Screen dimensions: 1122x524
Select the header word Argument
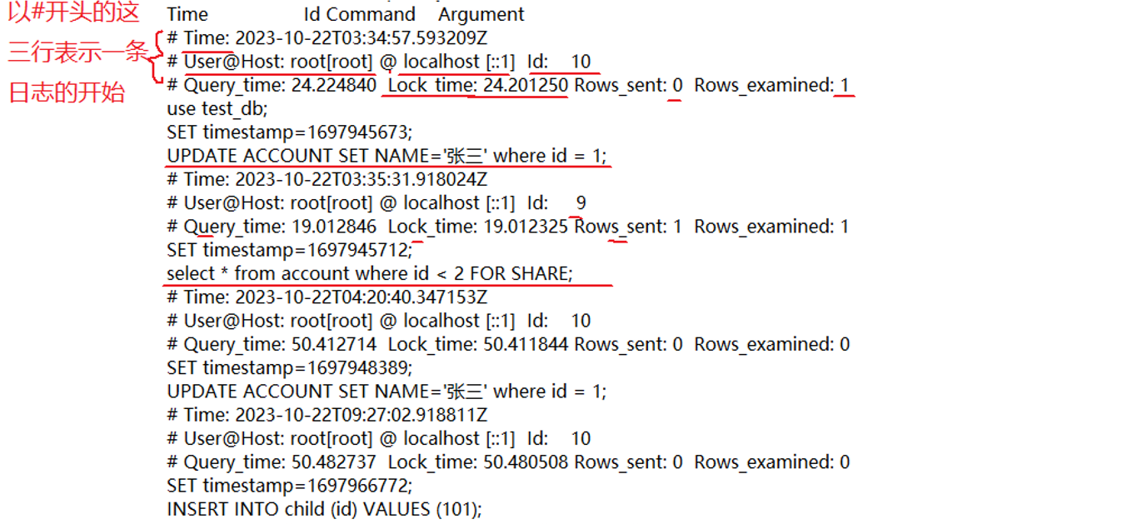(x=481, y=14)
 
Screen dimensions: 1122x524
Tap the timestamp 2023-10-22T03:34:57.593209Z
(x=362, y=38)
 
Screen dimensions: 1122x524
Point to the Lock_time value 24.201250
(x=526, y=85)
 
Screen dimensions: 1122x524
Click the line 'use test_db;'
(x=217, y=108)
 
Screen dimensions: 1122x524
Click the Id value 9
(x=581, y=202)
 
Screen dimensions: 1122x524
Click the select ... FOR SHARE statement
(x=370, y=273)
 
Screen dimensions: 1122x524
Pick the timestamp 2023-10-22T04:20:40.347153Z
(x=362, y=297)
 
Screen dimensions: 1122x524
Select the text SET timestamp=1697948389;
(x=290, y=367)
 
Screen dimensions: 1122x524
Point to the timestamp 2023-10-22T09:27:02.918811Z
(x=362, y=415)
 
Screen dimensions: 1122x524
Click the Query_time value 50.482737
(x=334, y=462)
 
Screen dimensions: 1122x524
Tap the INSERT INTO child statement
(x=325, y=509)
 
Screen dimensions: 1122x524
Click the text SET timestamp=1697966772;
(x=290, y=486)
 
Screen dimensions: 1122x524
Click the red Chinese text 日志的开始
(x=67, y=92)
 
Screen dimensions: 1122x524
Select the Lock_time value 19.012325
(x=526, y=227)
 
